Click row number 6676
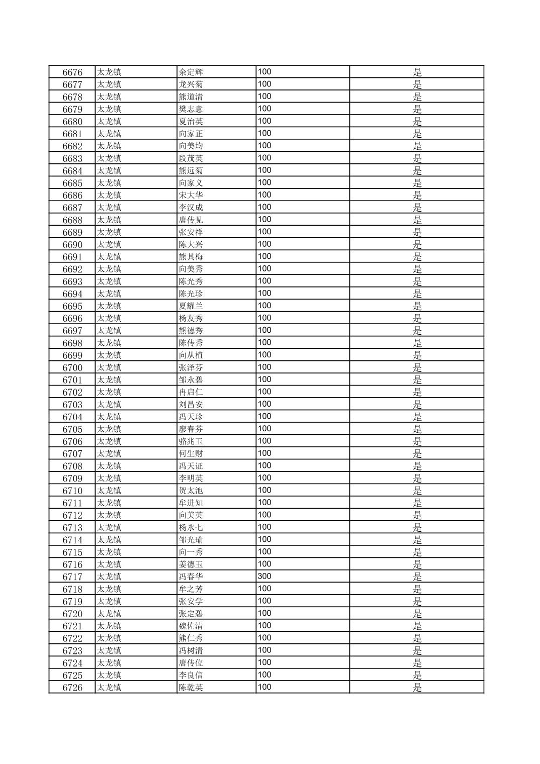pyautogui.click(x=72, y=72)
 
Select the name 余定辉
pyautogui.click(x=191, y=72)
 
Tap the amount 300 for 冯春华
pyautogui.click(x=264, y=577)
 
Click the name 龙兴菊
pyautogui.click(x=191, y=84)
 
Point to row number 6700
pyautogui.click(x=72, y=368)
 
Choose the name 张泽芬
pyautogui.click(x=191, y=368)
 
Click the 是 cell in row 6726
pyautogui.click(x=417, y=688)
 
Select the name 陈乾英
pyautogui.click(x=191, y=688)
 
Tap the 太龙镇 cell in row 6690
pyautogui.click(x=109, y=245)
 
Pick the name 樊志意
pyautogui.click(x=191, y=109)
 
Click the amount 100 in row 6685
pyautogui.click(x=264, y=182)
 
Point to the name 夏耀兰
pyautogui.click(x=191, y=306)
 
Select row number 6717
pyautogui.click(x=72, y=577)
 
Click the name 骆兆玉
pyautogui.click(x=191, y=441)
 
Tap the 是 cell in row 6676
pyautogui.click(x=417, y=72)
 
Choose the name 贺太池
pyautogui.click(x=191, y=491)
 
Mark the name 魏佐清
pyautogui.click(x=191, y=626)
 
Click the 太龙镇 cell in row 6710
pyautogui.click(x=109, y=491)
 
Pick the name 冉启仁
pyautogui.click(x=191, y=392)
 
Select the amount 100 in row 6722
pyautogui.click(x=264, y=638)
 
